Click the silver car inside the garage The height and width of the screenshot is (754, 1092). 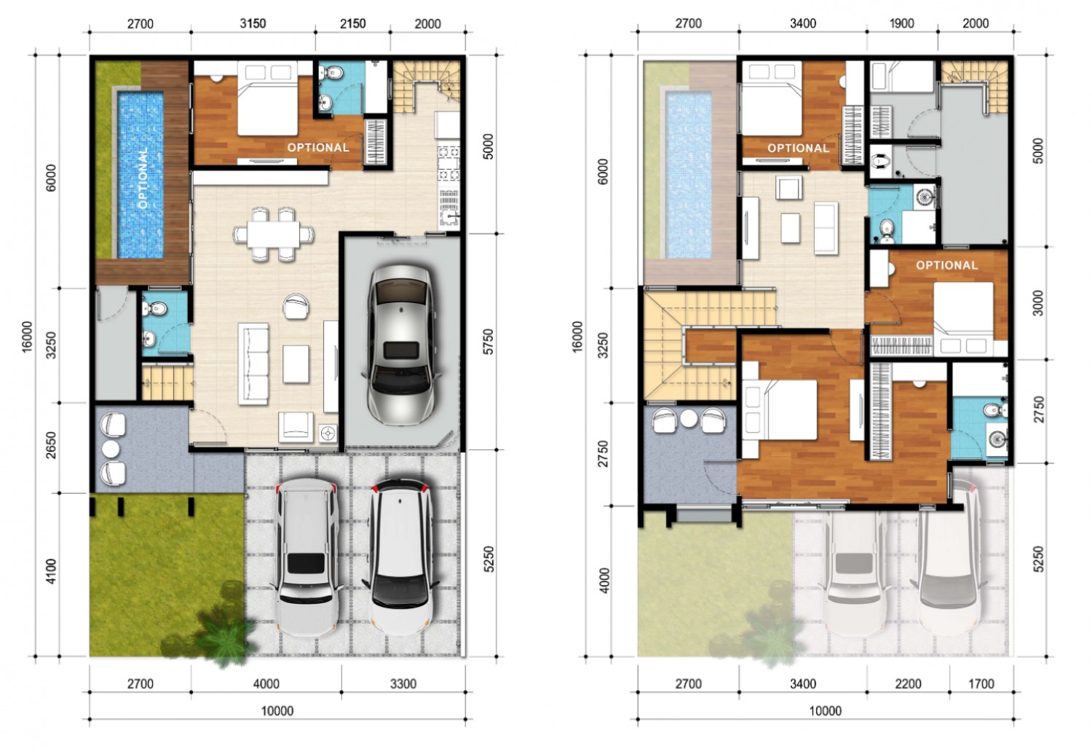coord(400,345)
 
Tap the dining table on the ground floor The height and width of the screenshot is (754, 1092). coord(273,235)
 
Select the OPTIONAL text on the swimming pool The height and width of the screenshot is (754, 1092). coord(143,178)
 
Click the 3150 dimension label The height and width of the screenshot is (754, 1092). coord(253,23)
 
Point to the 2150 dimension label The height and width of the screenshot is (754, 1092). coord(352,23)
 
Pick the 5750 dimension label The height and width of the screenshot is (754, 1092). coord(488,342)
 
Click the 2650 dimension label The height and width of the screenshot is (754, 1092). coord(51,445)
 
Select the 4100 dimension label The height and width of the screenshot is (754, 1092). coord(51,571)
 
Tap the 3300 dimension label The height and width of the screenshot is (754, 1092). coord(403,684)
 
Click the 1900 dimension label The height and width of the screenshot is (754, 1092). coord(901,23)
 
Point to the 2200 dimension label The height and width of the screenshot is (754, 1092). coord(908,684)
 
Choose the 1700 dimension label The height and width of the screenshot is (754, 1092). coord(981,684)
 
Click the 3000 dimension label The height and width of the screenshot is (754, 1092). coord(1038,303)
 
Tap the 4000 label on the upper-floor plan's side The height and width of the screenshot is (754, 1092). coord(604,581)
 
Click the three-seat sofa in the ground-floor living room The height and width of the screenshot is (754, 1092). coord(253,364)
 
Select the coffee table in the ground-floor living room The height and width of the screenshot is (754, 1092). coord(296,364)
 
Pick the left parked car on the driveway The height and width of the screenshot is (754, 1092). coord(306,557)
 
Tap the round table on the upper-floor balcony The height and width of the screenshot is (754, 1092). coord(689,418)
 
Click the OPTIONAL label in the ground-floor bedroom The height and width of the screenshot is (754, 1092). coord(318,147)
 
